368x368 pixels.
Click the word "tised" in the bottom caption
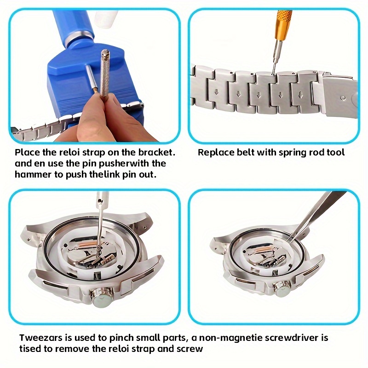click(x=30, y=349)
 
